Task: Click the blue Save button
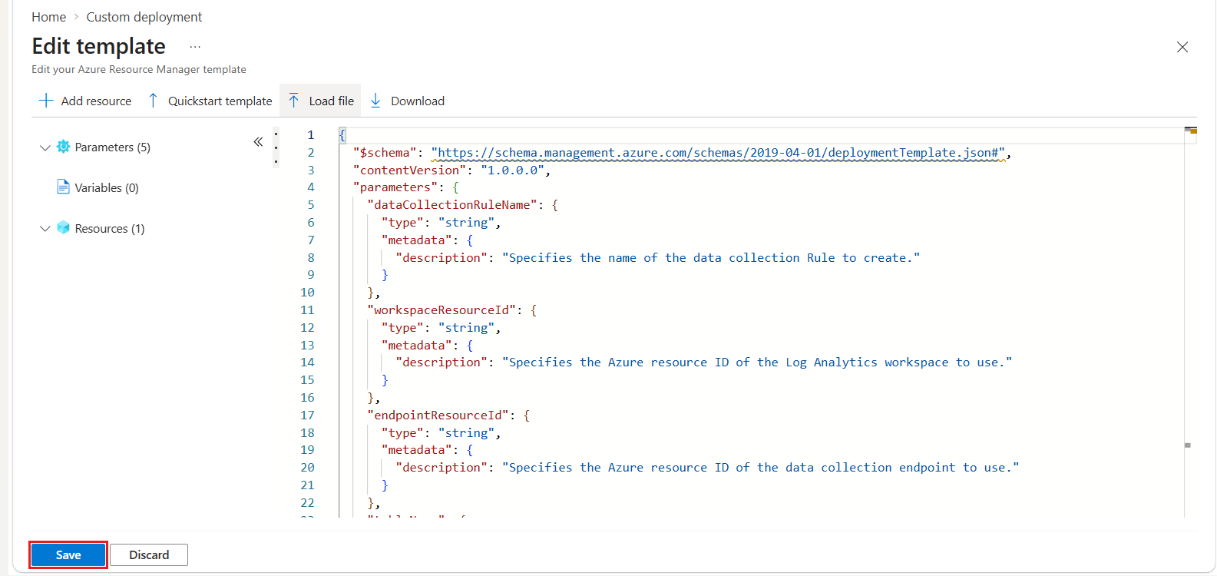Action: click(68, 554)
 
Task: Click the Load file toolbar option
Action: click(320, 101)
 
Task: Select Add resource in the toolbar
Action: click(85, 101)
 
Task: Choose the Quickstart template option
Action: click(210, 101)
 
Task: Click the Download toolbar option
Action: click(408, 101)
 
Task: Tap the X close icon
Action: click(1182, 48)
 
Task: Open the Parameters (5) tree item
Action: click(112, 147)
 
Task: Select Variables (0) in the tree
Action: click(107, 188)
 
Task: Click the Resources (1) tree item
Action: click(109, 229)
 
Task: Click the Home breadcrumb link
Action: click(49, 17)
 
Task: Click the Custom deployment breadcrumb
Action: click(144, 17)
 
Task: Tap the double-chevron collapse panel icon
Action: click(258, 142)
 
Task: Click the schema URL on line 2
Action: click(718, 153)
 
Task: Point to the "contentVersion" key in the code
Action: click(409, 170)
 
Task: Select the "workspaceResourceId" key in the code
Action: click(441, 310)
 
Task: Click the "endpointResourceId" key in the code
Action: click(438, 415)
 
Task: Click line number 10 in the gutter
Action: click(307, 293)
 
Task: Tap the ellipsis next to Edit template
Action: click(195, 48)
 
